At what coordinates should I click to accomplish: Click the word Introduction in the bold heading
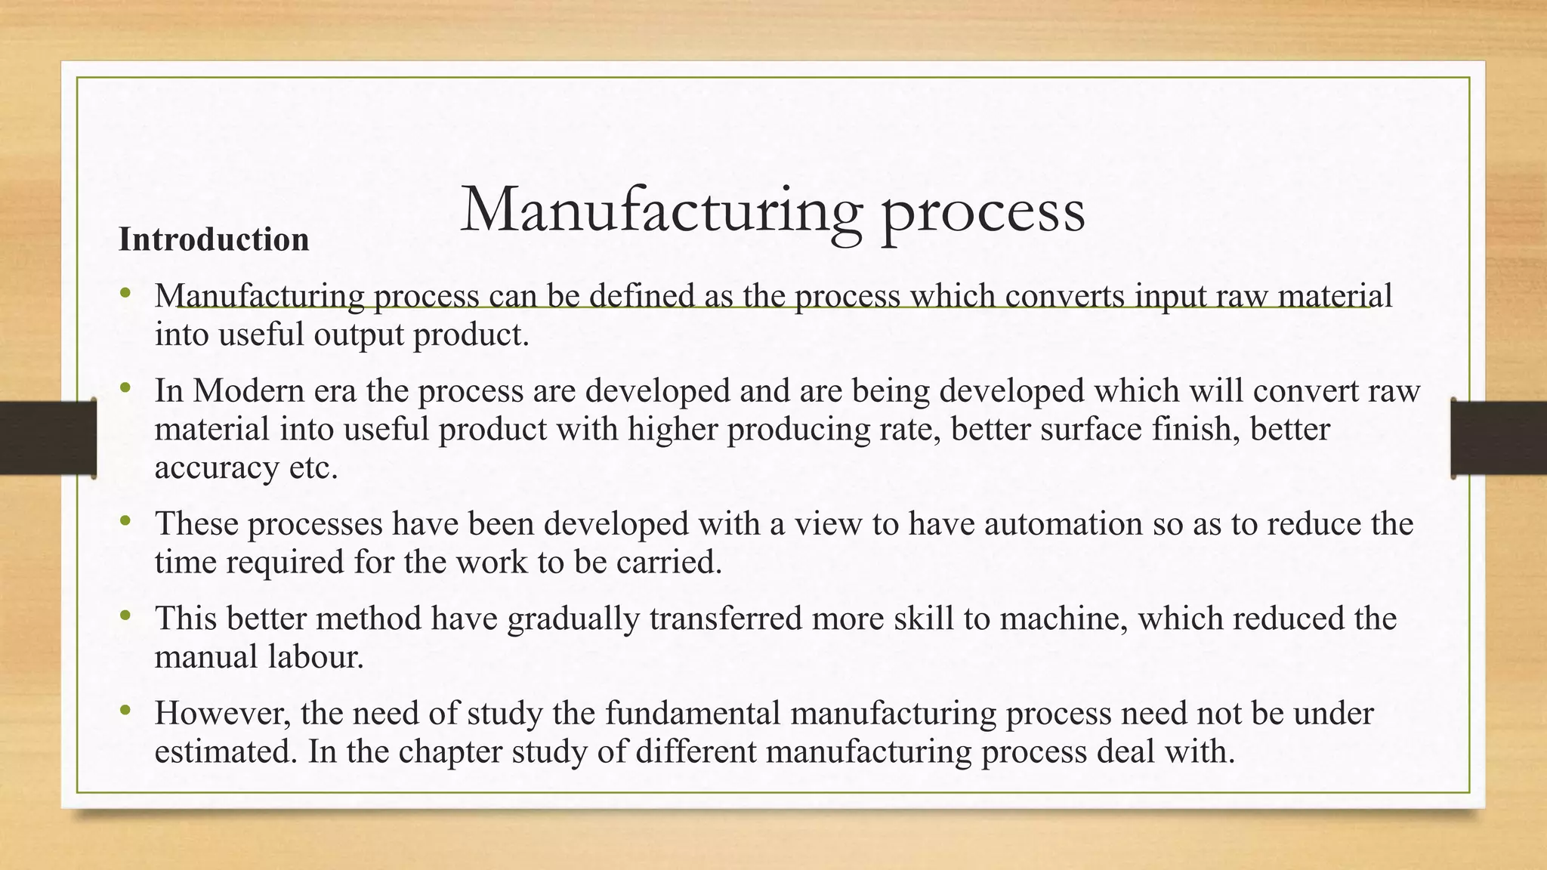214,239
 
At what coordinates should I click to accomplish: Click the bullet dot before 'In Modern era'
125,389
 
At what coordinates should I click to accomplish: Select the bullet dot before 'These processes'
125,521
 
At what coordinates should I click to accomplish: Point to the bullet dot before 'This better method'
125,616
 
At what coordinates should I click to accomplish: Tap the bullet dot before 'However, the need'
125,711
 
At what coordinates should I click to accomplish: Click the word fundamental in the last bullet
693,714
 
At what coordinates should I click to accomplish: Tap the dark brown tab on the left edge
48,438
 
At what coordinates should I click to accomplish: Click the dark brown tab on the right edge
1499,438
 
